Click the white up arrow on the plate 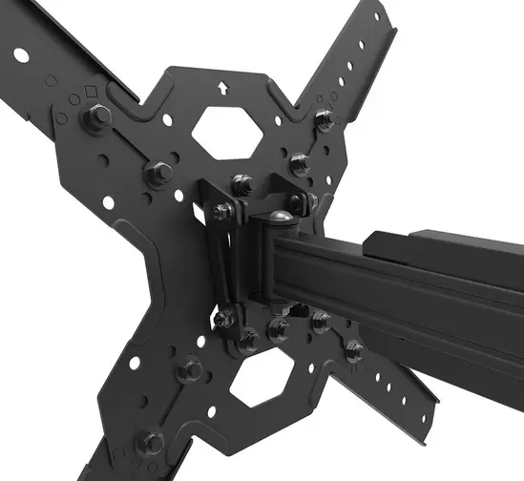(x=223, y=88)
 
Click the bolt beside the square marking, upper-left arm (x=98, y=117)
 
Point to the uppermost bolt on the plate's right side (x=324, y=119)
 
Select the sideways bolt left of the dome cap (x=222, y=211)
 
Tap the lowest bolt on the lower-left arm (x=150, y=441)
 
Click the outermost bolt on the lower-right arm (x=355, y=350)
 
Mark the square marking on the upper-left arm (x=90, y=93)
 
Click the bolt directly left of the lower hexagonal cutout (x=190, y=368)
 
